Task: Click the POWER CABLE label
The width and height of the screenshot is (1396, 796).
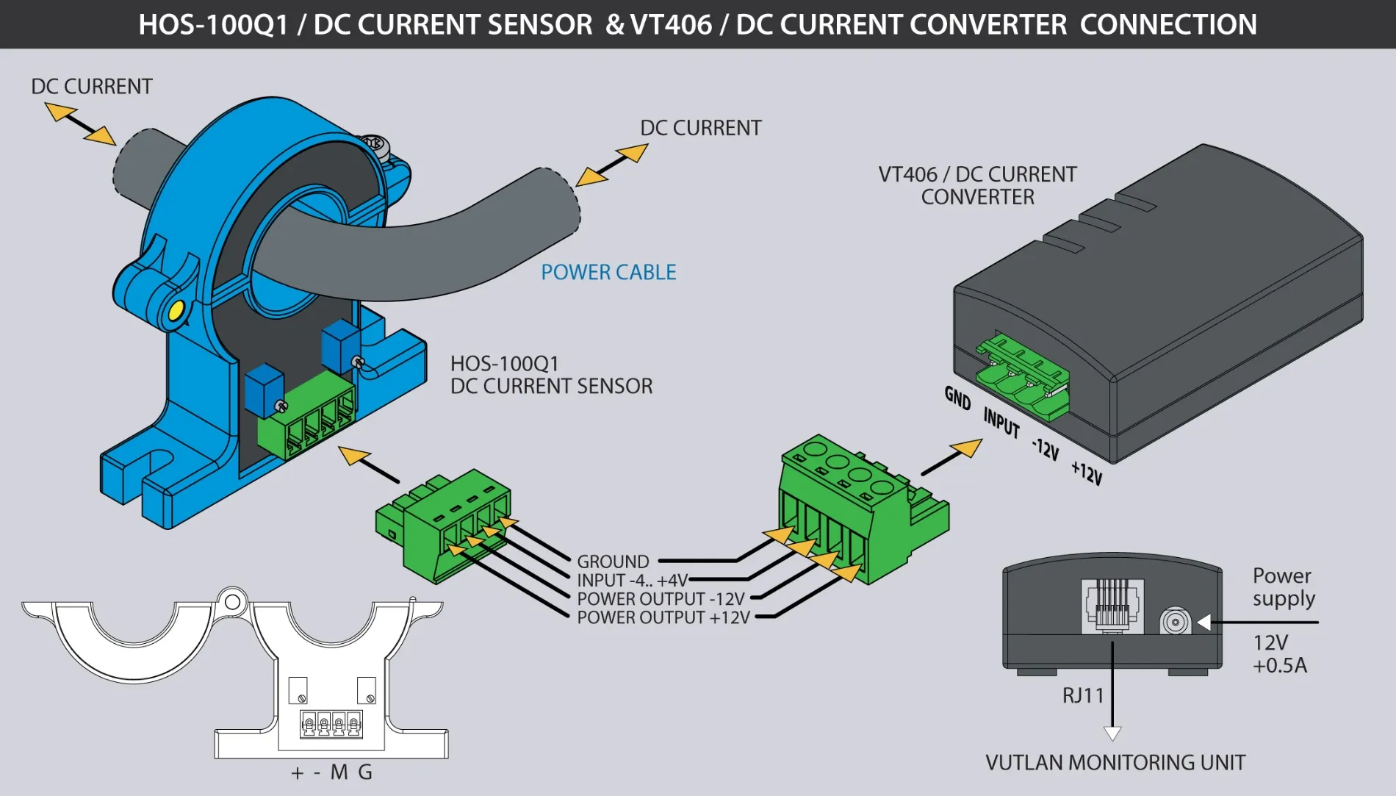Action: point(608,273)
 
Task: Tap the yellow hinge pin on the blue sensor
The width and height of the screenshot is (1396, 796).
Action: point(176,311)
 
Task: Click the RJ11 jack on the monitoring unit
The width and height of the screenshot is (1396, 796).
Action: point(1112,606)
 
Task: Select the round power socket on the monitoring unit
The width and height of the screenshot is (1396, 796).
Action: point(1174,622)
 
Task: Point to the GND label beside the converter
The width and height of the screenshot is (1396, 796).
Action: point(957,398)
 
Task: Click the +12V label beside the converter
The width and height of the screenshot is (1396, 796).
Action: point(1086,473)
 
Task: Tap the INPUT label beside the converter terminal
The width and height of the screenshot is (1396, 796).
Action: point(1001,423)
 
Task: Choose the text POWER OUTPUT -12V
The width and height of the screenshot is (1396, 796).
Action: point(661,599)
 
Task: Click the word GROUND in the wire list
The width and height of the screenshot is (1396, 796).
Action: point(613,562)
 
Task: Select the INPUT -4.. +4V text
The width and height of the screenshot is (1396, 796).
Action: point(632,581)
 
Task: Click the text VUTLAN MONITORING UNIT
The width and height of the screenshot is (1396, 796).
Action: point(1115,763)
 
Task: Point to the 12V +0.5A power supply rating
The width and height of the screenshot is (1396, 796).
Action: point(1279,654)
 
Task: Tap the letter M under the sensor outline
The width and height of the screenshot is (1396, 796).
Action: point(339,772)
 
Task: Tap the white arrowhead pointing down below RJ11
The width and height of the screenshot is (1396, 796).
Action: point(1112,733)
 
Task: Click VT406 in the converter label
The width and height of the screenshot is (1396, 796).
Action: point(907,175)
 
